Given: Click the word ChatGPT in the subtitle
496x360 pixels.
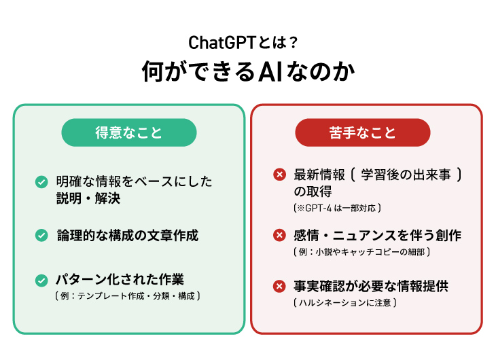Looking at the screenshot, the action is [x=222, y=43].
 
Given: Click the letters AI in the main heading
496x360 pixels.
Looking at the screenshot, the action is [x=270, y=71].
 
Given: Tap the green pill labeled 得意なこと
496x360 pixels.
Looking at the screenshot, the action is [x=129, y=132].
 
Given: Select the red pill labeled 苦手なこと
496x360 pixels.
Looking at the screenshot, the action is [x=363, y=132].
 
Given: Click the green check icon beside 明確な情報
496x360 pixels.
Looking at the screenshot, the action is [x=41, y=182].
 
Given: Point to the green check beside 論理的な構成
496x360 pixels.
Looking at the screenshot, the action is [x=41, y=236].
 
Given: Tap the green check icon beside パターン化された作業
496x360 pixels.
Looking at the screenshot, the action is [x=41, y=281].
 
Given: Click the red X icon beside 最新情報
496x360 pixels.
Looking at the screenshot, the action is [x=280, y=175].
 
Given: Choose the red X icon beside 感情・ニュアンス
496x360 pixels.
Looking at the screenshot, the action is [x=280, y=235].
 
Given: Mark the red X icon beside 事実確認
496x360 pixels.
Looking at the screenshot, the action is [x=280, y=286].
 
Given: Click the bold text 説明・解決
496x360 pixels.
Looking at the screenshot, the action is [x=88, y=198].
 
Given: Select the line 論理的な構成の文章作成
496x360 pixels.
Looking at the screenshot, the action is [x=128, y=236].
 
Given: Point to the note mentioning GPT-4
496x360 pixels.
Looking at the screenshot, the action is [x=337, y=208].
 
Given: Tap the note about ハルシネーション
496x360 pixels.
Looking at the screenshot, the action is [x=344, y=303].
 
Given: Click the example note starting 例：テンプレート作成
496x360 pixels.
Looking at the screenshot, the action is [x=128, y=295].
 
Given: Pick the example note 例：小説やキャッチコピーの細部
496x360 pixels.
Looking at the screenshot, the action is [x=361, y=252].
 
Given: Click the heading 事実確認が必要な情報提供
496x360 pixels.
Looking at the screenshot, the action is [x=371, y=286].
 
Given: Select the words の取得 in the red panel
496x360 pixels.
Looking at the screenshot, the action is [x=313, y=192].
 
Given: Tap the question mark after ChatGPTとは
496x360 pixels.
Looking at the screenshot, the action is [x=294, y=43].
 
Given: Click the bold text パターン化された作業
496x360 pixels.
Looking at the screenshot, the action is [x=120, y=280].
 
